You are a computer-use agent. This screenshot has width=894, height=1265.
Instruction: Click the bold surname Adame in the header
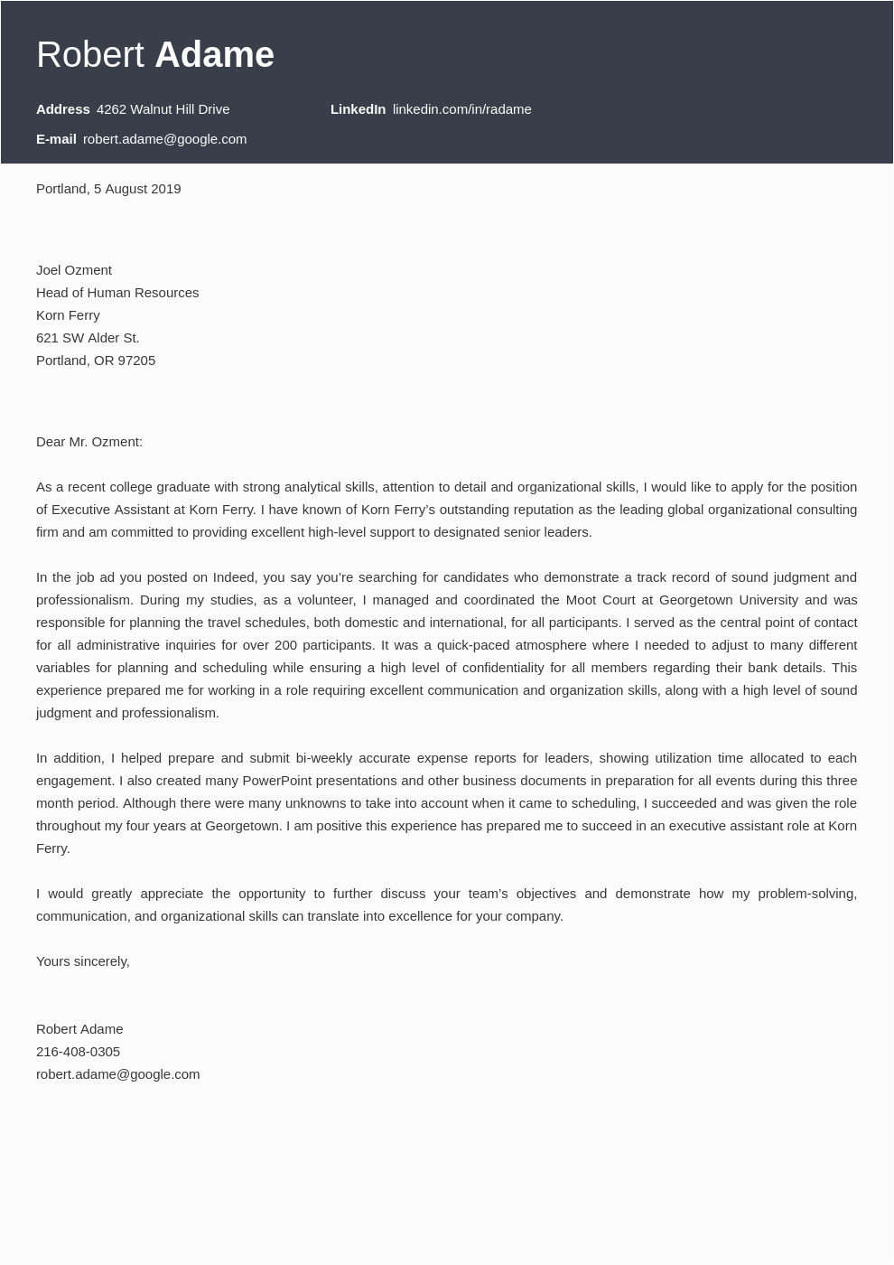pos(214,55)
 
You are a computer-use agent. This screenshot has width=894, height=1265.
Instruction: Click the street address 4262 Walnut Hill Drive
pos(163,109)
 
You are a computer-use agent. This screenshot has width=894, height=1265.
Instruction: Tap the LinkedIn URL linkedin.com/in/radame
pos(461,109)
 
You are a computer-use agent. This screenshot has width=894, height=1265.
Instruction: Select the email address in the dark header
pos(164,139)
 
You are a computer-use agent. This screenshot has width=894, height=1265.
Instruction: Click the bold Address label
pos(63,109)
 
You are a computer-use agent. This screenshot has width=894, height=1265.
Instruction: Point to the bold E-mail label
pos(56,139)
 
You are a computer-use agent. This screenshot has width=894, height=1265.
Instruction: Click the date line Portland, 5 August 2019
pos(108,189)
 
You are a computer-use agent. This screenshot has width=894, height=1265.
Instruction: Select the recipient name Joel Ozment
pos(74,270)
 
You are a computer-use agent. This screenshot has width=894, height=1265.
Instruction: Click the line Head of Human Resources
pos(117,293)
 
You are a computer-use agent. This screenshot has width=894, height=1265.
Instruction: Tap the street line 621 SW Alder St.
pos(88,338)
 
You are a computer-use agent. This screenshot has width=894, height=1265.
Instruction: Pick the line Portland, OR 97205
pos(96,361)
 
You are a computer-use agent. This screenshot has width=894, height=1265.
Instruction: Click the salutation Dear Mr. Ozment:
pos(89,442)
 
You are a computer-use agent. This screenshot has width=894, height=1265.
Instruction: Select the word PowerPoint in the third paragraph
pos(277,781)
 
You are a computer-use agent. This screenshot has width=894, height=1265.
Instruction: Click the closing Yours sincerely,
pos(83,961)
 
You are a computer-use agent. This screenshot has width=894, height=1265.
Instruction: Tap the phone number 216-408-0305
pos(78,1052)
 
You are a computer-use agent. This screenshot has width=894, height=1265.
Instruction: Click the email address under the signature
pos(117,1074)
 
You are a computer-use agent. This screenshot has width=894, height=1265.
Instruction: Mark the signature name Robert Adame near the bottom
pos(79,1029)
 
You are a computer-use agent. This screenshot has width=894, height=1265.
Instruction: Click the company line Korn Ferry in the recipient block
pos(68,315)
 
